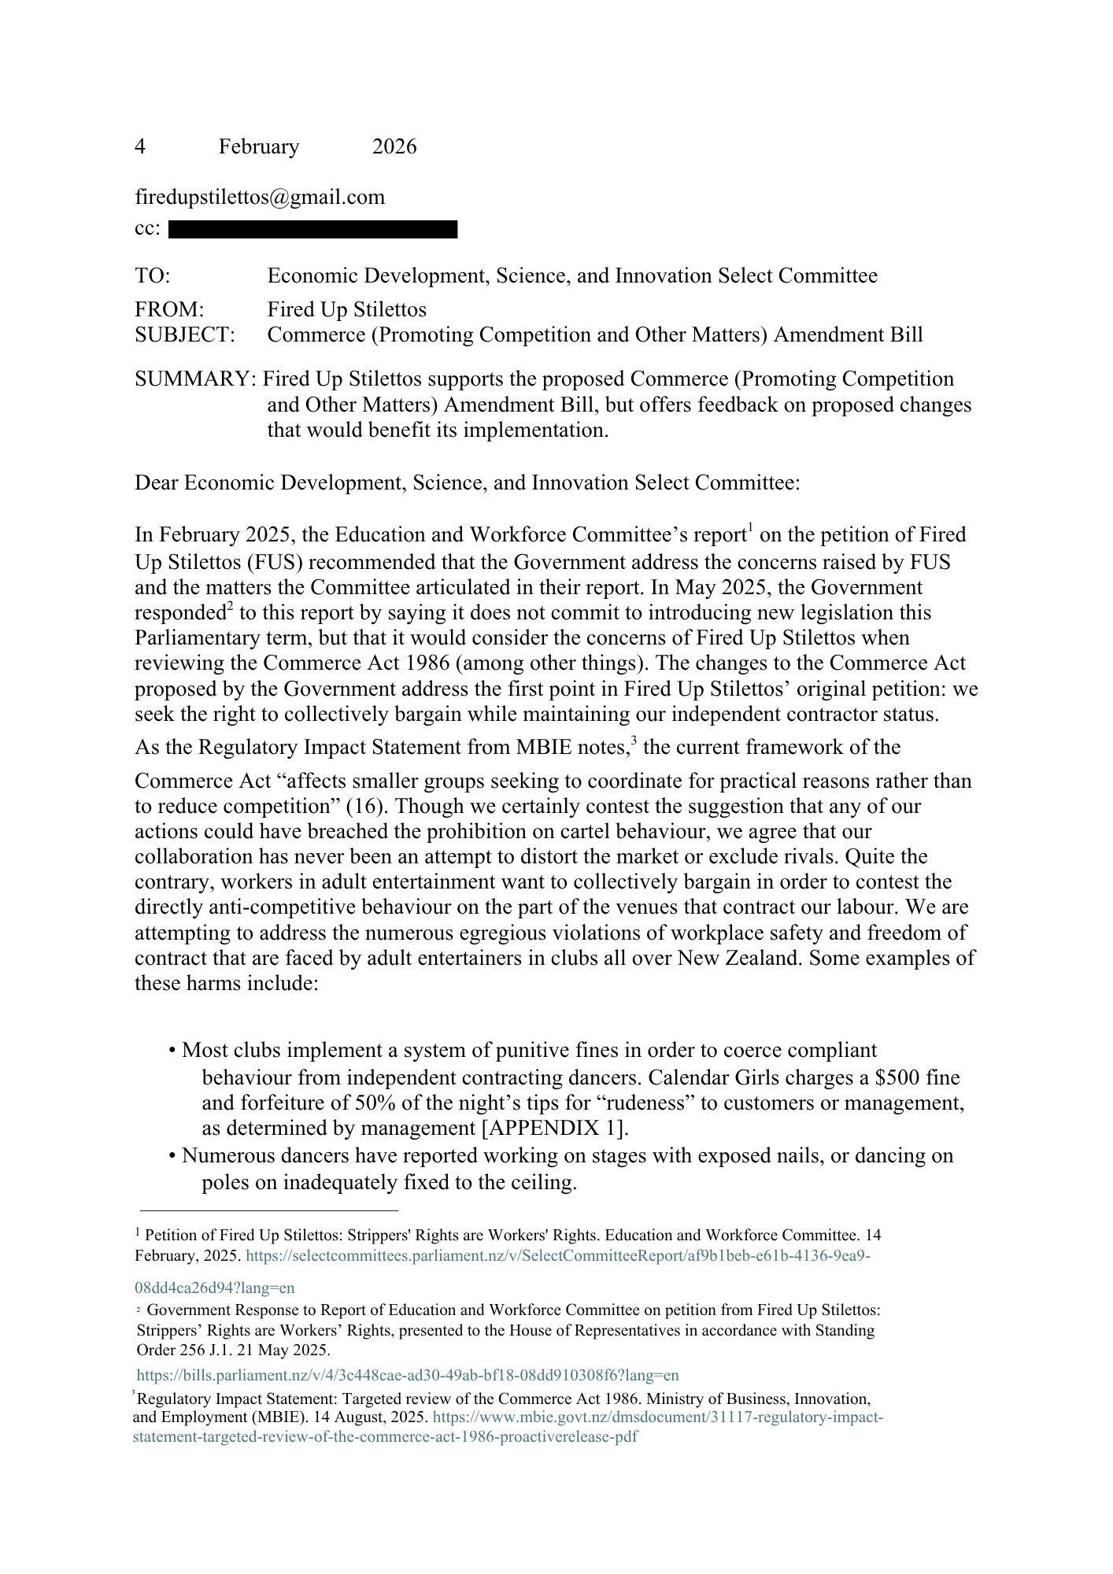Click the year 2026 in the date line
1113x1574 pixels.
coord(394,147)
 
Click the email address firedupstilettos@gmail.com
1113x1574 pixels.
coord(260,197)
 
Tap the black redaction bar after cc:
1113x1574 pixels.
coord(312,230)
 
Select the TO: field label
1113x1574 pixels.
coord(153,276)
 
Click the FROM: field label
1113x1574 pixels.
coord(169,310)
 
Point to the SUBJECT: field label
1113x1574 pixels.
coord(185,335)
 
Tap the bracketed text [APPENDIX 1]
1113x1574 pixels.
coord(555,1128)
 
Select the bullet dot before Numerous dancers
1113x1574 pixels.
coord(172,1156)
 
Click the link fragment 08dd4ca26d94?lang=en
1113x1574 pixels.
coord(215,1288)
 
